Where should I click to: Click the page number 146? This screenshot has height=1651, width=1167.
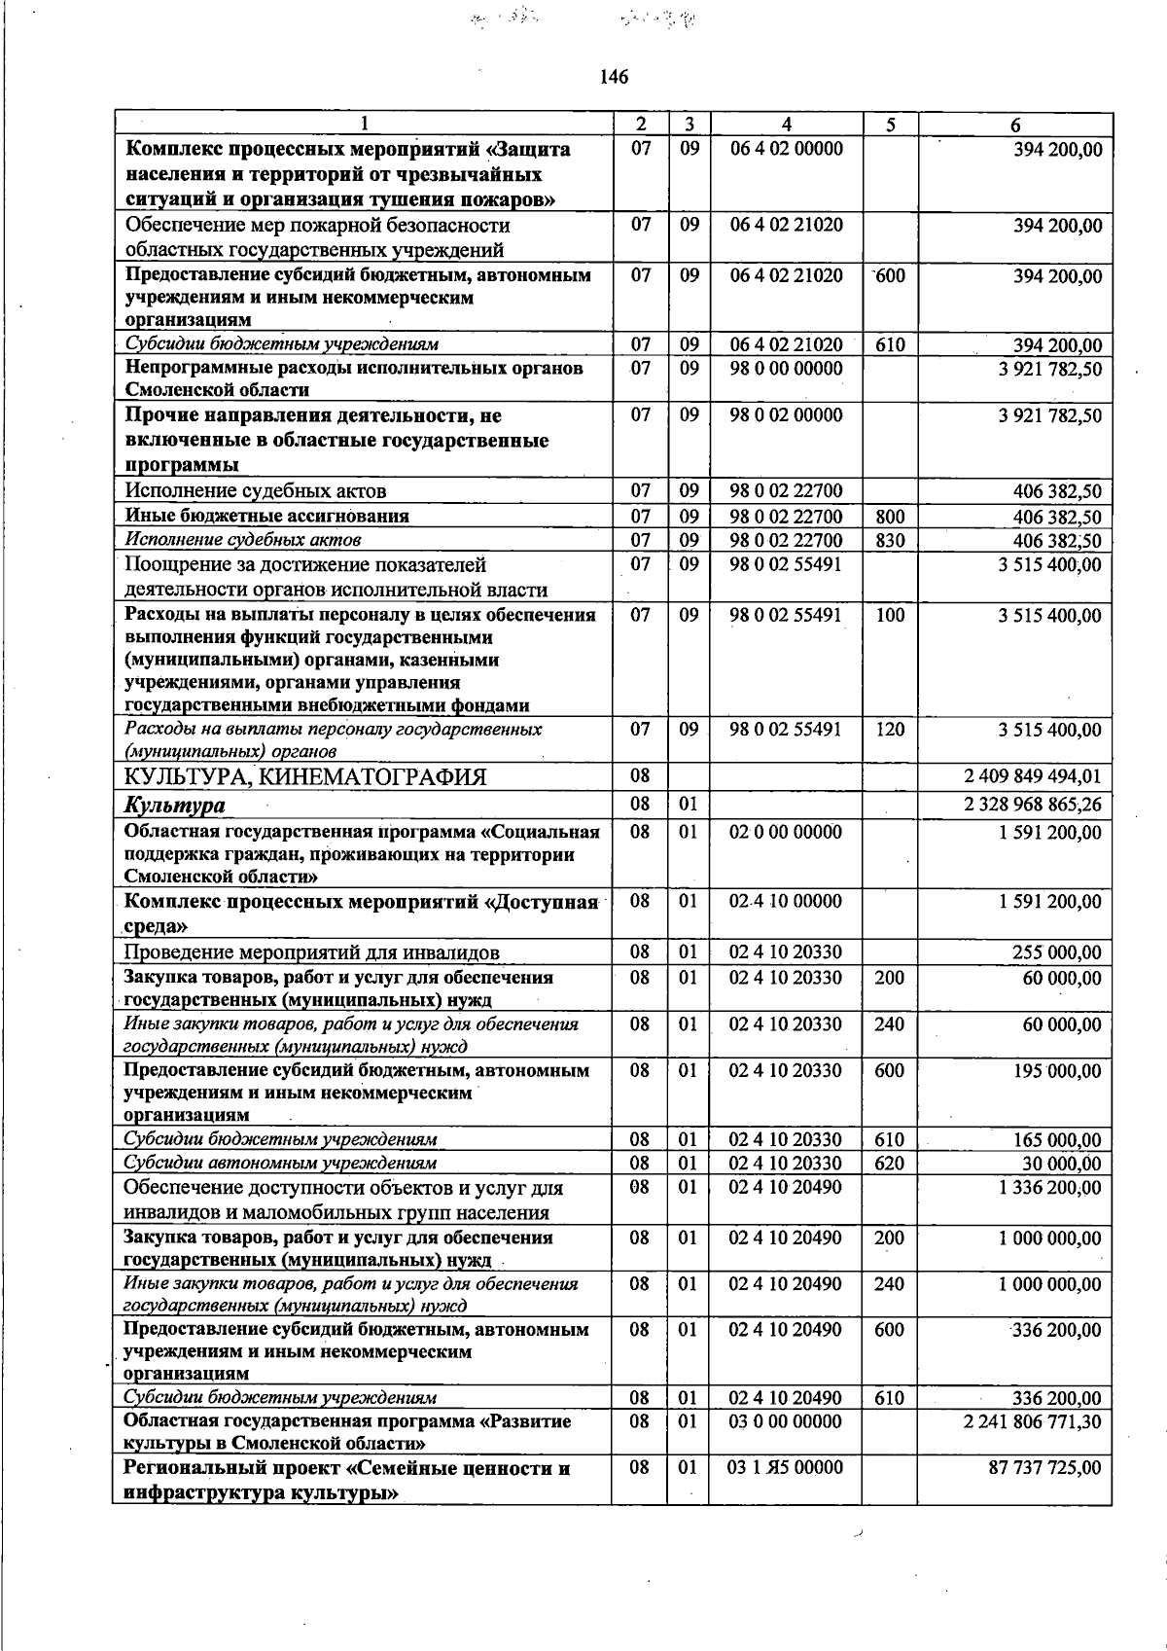614,77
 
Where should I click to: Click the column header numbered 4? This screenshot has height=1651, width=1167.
786,125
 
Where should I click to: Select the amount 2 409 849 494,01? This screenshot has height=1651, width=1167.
1032,776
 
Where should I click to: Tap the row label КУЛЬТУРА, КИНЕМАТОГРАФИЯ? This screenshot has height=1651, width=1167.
305,776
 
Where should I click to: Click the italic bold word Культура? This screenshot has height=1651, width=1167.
174,806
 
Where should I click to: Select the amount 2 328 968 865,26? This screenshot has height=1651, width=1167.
1032,805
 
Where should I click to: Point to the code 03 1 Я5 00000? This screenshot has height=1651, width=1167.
785,1467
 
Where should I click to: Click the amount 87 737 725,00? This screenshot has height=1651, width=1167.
1044,1467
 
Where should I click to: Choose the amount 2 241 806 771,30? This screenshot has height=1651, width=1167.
1032,1421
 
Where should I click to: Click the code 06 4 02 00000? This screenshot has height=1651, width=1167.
786,149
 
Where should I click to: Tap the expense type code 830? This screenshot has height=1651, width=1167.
890,540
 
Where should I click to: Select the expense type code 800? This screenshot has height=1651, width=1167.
890,517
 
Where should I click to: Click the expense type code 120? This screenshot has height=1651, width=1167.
890,729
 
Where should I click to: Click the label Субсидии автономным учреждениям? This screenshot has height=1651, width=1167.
280,1163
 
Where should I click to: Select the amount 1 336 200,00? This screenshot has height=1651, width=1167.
1049,1187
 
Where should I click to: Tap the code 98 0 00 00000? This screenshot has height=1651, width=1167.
786,369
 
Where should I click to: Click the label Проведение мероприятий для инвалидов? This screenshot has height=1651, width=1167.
311,952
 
